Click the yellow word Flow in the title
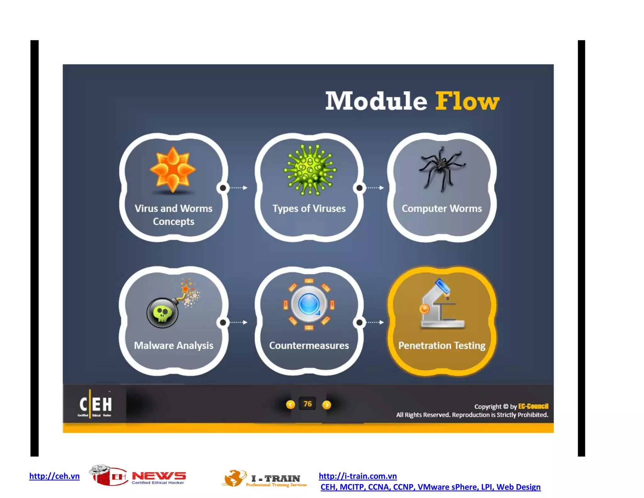click(467, 101)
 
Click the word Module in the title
click(376, 101)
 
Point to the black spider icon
click(441, 168)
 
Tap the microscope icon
click(441, 304)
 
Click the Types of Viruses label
click(309, 208)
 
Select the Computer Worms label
click(441, 208)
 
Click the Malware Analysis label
click(174, 345)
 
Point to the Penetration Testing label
click(441, 345)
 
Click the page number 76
click(308, 404)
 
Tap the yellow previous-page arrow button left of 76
click(290, 405)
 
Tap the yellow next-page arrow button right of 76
click(327, 405)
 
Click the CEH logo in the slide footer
click(95, 405)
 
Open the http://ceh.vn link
click(54, 476)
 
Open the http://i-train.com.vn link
click(358, 476)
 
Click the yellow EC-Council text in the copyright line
click(533, 406)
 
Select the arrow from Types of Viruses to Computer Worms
click(374, 188)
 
